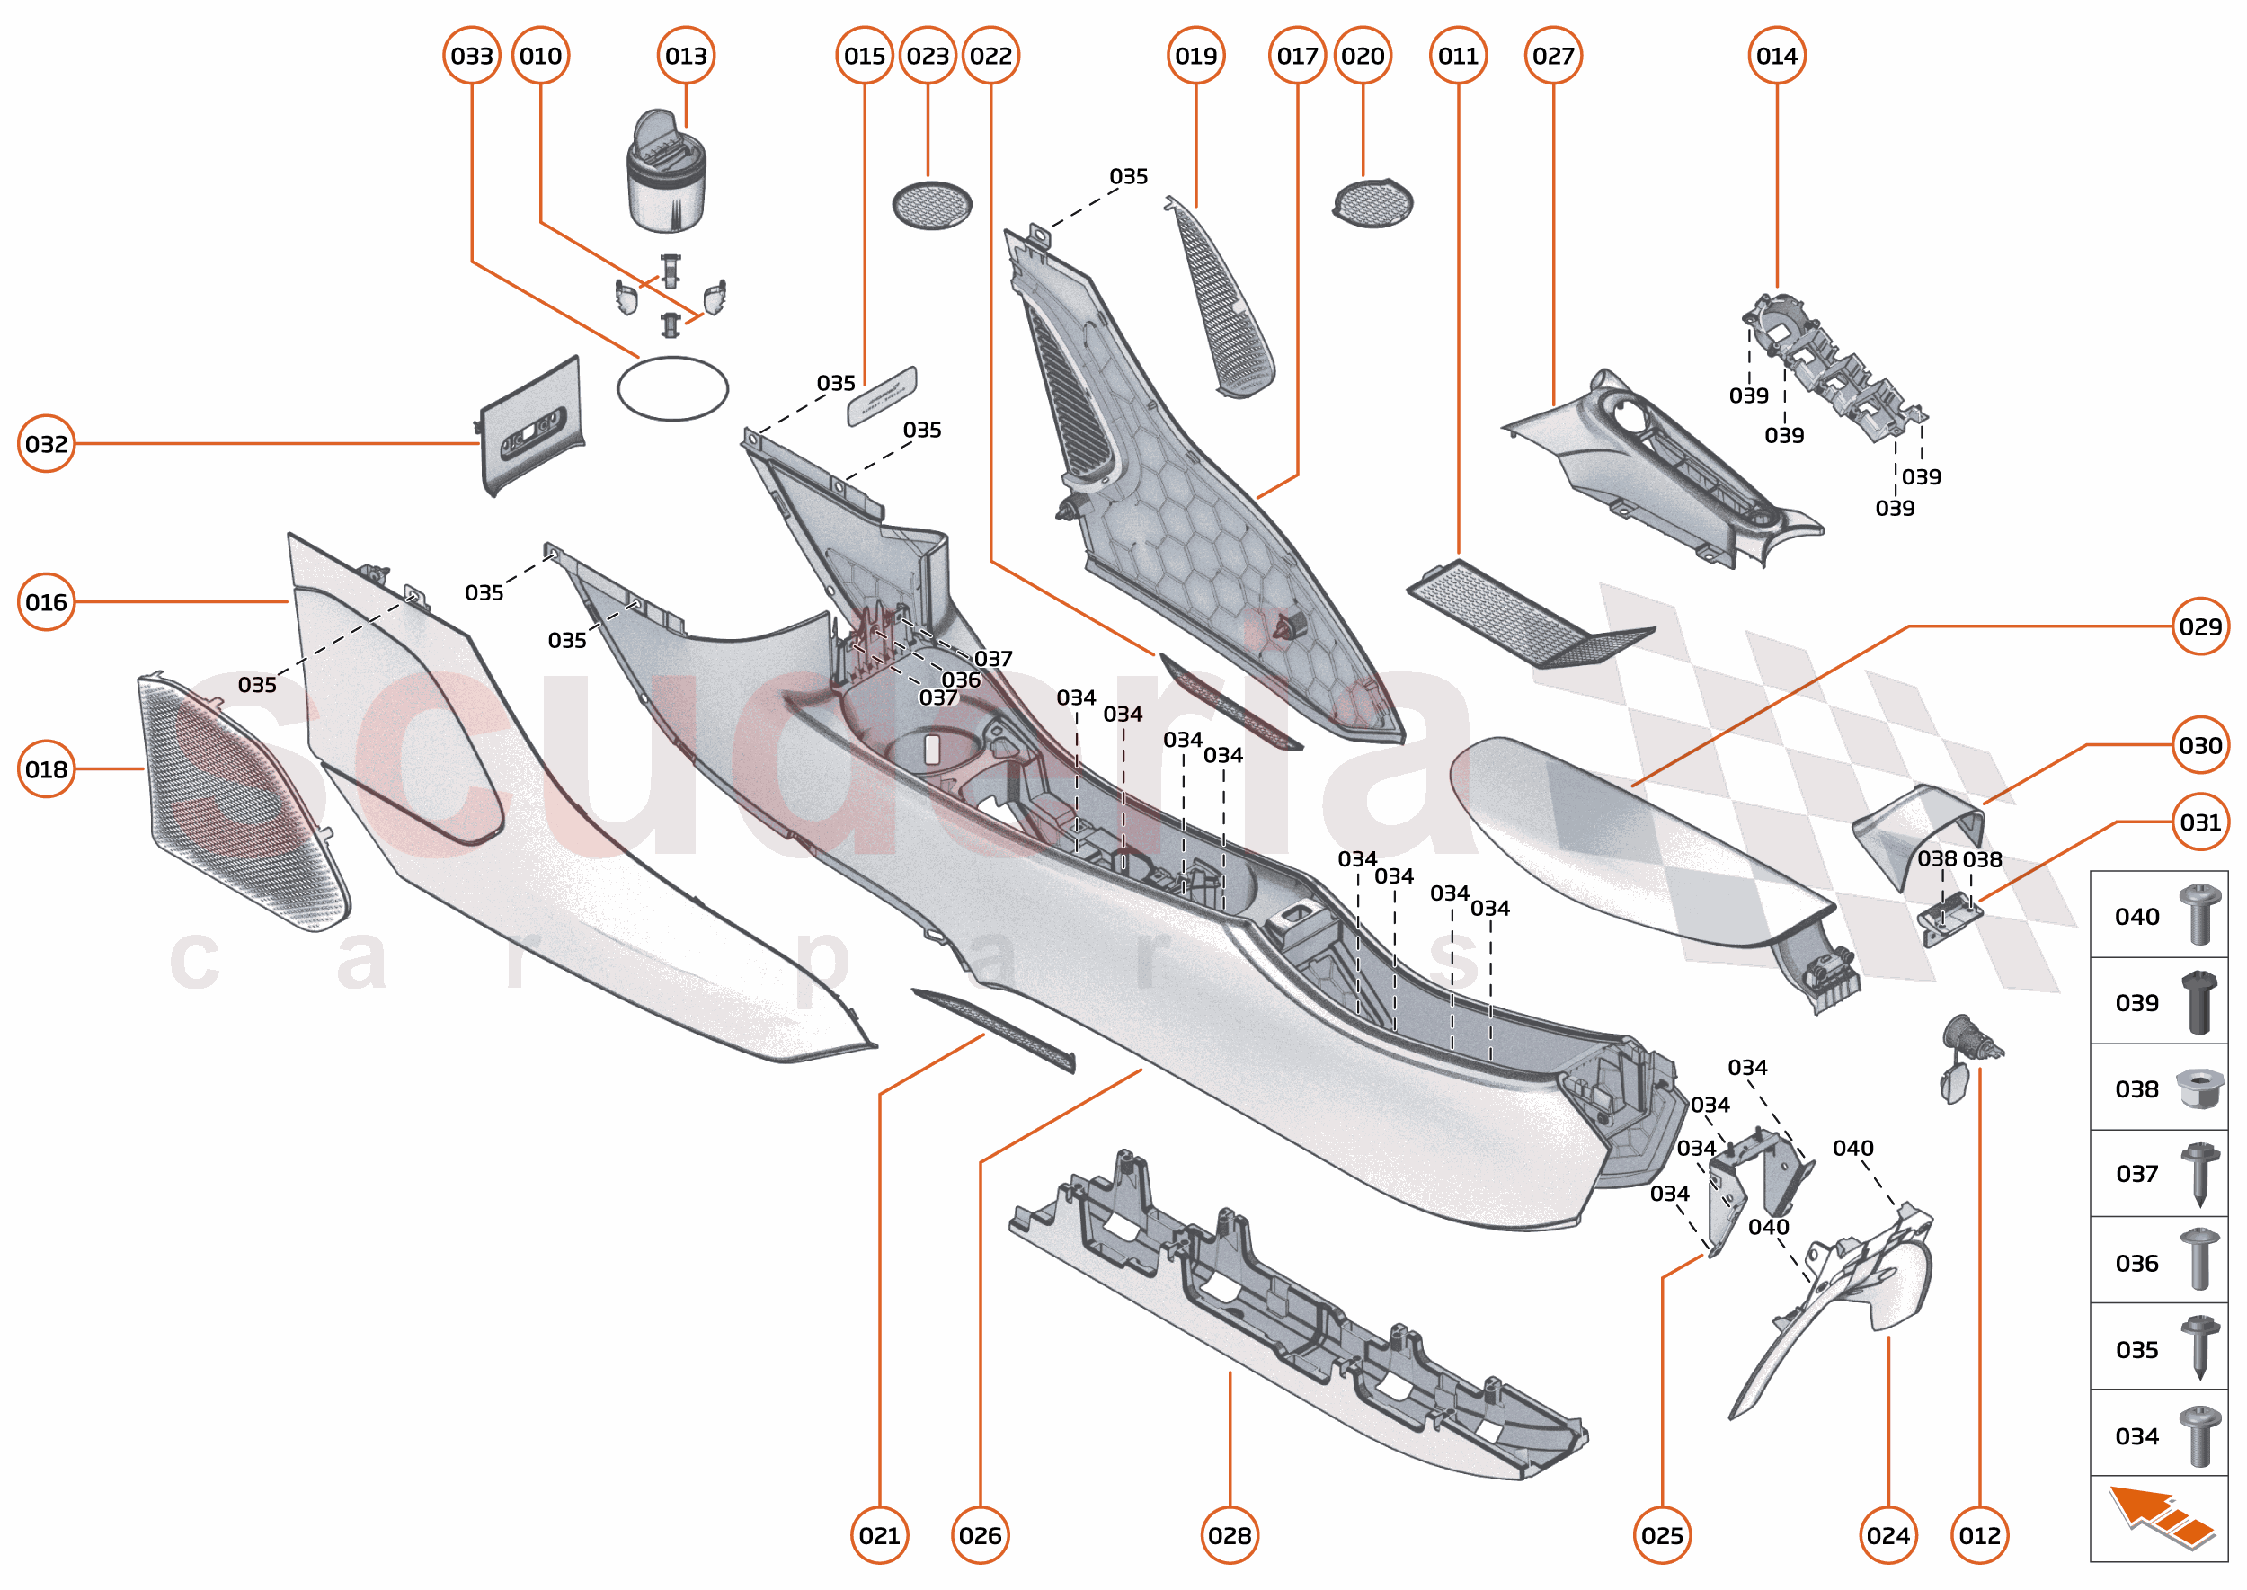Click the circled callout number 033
[x=472, y=56]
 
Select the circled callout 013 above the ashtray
[x=686, y=56]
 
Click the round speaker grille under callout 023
[x=931, y=205]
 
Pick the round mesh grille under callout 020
[x=1372, y=202]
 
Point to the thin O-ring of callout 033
[x=672, y=388]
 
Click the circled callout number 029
[x=2200, y=626]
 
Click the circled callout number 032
[x=46, y=445]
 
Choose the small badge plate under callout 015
[x=881, y=395]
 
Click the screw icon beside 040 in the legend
[x=2199, y=914]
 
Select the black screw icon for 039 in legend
[x=2199, y=1001]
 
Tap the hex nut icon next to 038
[x=2198, y=1088]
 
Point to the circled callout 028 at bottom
[x=1230, y=1535]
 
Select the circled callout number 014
[x=1776, y=56]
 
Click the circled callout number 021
[x=879, y=1535]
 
